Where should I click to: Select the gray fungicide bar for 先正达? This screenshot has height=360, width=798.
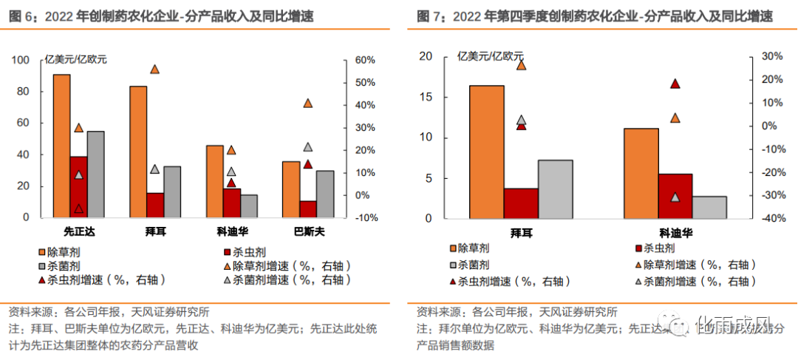click(95, 174)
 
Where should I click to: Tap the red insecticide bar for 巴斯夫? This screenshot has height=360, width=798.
click(307, 209)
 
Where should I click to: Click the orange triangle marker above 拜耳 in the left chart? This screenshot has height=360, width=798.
click(155, 69)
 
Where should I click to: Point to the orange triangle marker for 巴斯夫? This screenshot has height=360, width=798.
click(308, 103)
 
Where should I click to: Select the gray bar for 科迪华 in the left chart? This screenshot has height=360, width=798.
click(248, 206)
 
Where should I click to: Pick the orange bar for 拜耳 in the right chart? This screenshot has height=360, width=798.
click(487, 152)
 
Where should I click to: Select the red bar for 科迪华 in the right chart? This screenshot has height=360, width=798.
click(675, 197)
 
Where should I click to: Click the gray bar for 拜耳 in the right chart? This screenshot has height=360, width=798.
click(556, 189)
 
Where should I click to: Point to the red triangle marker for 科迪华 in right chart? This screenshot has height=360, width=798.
click(675, 84)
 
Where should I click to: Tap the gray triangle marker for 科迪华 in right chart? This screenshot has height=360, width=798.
click(675, 197)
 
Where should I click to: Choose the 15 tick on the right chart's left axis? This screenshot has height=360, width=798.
click(425, 97)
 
